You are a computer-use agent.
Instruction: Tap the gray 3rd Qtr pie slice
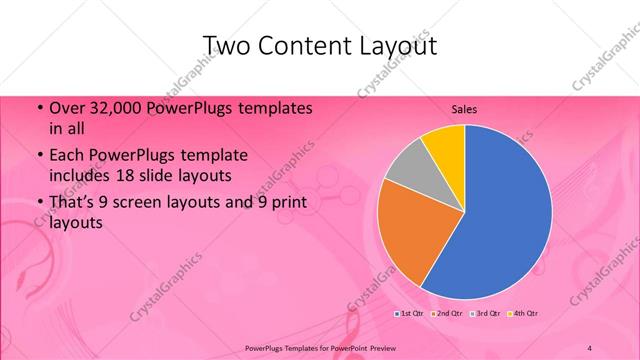[x=408, y=164]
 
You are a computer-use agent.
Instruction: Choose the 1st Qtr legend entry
[x=410, y=314]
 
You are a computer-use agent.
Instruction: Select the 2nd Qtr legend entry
[x=446, y=314]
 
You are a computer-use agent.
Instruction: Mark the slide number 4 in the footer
[x=590, y=347]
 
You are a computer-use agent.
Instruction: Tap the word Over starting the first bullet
[x=66, y=107]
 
